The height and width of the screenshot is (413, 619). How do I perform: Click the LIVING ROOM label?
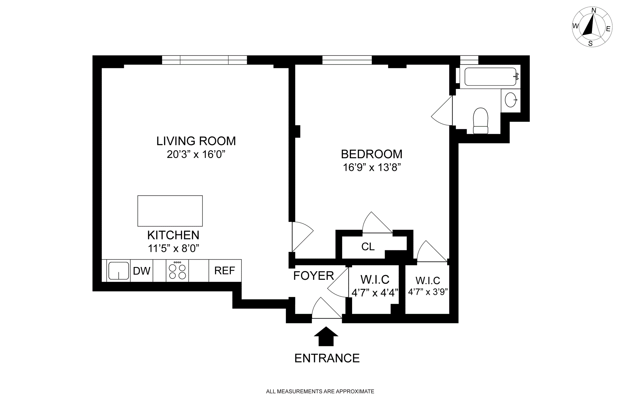196,141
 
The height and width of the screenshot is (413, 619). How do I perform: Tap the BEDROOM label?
372,154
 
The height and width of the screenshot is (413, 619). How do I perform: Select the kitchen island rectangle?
170,211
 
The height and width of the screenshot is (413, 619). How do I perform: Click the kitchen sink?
119,270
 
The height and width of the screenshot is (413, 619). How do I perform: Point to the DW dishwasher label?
142,271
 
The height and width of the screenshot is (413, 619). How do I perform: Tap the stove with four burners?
177,270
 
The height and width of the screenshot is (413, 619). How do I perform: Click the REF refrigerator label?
225,270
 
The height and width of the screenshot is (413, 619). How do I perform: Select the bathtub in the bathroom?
490,77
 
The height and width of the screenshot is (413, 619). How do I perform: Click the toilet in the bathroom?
480,121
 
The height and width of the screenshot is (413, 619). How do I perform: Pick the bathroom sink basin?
511,100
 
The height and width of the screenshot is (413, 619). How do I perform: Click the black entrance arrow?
326,336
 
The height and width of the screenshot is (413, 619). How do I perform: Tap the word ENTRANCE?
327,358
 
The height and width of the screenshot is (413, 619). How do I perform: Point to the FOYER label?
313,276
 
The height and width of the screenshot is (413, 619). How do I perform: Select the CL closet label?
368,247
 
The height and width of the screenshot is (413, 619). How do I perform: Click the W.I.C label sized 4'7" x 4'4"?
375,279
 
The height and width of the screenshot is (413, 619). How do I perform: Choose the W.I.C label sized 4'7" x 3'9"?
428,280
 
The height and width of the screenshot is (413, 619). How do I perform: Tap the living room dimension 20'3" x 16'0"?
196,155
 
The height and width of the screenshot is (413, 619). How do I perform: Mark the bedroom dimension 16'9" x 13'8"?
372,168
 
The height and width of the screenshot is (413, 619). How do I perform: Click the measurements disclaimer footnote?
320,391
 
